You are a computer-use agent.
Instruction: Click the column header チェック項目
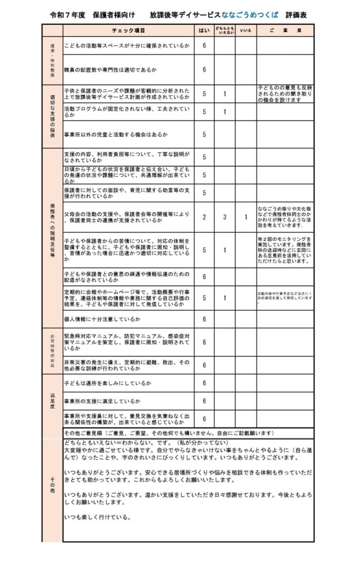128,30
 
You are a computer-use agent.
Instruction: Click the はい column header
204,30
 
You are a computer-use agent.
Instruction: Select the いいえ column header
245,30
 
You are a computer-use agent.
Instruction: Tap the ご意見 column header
285,30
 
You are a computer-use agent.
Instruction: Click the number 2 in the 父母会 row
204,218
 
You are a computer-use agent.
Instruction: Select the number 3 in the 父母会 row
224,218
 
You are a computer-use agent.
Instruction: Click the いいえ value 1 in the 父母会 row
245,218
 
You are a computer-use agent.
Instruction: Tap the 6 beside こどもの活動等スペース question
204,45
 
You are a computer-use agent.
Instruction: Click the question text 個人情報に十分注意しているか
102,319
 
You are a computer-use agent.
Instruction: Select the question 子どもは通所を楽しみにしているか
107,383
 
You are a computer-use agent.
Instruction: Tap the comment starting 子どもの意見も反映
285,94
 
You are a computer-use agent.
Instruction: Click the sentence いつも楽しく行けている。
97,518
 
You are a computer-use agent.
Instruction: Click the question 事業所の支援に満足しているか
102,400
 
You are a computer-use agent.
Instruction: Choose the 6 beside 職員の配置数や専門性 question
204,70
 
